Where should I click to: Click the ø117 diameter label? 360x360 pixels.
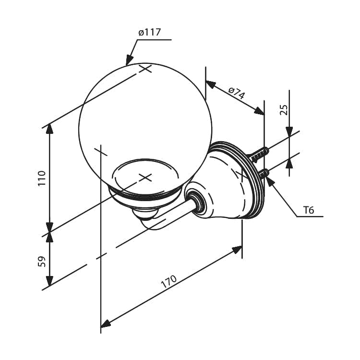coord(149,32)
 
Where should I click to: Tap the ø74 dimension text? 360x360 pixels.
coord(237,92)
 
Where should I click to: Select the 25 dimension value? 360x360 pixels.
coord(284,110)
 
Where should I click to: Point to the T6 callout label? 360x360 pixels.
coord(308,210)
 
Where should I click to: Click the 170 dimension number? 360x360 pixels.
coord(169,281)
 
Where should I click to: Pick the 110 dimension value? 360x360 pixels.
coord(42,178)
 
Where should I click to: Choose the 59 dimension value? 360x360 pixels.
coord(42,261)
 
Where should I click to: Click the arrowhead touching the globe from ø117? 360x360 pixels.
coord(129,60)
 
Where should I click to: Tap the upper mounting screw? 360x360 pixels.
coord(259,155)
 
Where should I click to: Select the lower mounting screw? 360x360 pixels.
coord(264,173)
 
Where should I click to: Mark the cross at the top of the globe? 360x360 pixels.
coord(145,69)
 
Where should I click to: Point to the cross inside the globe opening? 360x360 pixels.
coord(145,177)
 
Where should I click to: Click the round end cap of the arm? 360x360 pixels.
coord(196,199)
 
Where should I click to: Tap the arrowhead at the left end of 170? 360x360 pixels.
coord(106,323)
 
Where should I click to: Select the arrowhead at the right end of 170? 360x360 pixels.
coord(237,249)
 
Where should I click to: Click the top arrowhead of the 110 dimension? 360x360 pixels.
coord(49,129)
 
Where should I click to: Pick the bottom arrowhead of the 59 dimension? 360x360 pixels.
coord(49,281)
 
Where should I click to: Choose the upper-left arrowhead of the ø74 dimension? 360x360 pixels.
coord(211,84)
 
